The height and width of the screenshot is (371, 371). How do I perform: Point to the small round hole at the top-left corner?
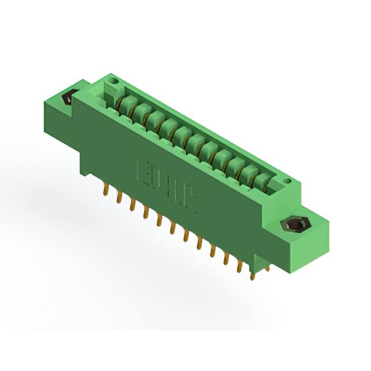(114, 81)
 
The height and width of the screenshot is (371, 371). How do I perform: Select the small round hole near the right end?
(286, 181)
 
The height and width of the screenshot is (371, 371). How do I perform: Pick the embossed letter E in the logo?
(143, 171)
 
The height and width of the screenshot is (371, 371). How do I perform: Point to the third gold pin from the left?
(132, 204)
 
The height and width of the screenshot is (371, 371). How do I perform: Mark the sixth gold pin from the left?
(172, 227)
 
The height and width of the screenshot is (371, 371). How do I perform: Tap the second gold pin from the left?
(119, 197)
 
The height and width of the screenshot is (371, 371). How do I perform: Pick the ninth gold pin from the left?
(212, 249)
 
